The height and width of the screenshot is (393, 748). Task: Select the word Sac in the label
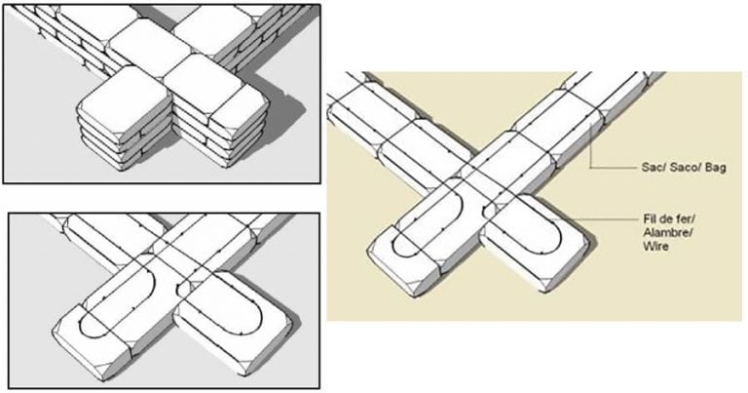click(630, 168)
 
